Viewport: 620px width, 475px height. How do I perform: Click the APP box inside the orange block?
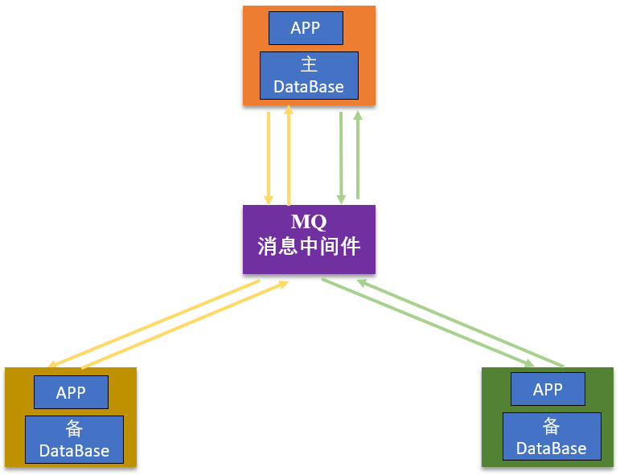click(x=306, y=28)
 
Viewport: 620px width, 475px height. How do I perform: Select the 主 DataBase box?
click(x=309, y=75)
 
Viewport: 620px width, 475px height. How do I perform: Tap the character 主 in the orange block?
click(x=309, y=64)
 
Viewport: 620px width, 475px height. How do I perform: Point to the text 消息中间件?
click(x=309, y=246)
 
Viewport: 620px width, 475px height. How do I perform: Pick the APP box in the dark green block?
click(x=548, y=390)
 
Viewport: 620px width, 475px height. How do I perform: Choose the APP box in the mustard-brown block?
click(x=71, y=393)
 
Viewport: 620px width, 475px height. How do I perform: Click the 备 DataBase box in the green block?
click(x=552, y=436)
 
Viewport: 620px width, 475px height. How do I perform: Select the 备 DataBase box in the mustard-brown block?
click(x=74, y=440)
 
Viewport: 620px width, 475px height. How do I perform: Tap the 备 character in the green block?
click(x=552, y=426)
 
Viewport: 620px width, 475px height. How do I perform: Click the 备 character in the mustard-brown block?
click(x=74, y=429)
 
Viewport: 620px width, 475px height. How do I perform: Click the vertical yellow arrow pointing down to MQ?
click(x=269, y=157)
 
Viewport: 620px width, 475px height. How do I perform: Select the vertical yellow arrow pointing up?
click(x=289, y=157)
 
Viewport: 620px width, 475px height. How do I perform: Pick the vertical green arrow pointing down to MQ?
click(x=341, y=157)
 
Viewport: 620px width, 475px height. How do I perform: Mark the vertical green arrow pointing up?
click(x=358, y=157)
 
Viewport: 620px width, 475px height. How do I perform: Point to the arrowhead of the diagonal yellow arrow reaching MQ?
click(x=283, y=283)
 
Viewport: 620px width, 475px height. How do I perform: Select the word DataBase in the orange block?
click(x=309, y=87)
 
